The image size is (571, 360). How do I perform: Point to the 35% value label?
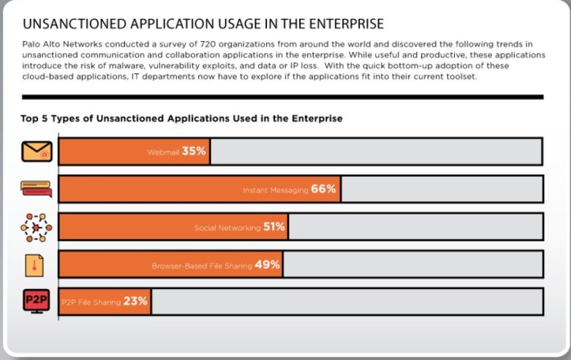(194, 151)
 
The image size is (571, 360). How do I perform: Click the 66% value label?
(324, 189)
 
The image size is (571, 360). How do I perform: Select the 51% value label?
(274, 227)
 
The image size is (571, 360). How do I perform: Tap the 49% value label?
(268, 264)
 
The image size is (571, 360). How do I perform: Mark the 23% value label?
(136, 301)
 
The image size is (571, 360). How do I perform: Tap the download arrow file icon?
(34, 265)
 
